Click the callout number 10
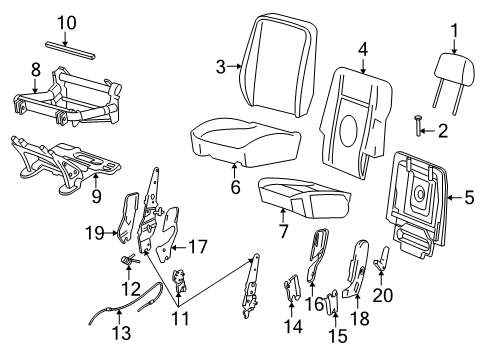coord(67,23)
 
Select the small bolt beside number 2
coord(418,126)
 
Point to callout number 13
coord(122,332)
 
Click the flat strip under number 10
coord(71,51)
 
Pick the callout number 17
coord(198,247)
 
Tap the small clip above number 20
coord(382,258)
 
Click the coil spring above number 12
coord(129,259)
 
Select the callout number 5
coord(469,197)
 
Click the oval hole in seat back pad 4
coord(348,131)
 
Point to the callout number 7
coord(283,231)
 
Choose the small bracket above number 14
coord(292,287)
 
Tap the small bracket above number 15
coord(333,303)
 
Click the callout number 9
coord(96,197)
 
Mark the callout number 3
coord(221,67)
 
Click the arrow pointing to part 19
coord(110,233)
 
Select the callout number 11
coord(180,319)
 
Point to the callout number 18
coord(360,319)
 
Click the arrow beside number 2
coord(428,131)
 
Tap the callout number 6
coord(235,187)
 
